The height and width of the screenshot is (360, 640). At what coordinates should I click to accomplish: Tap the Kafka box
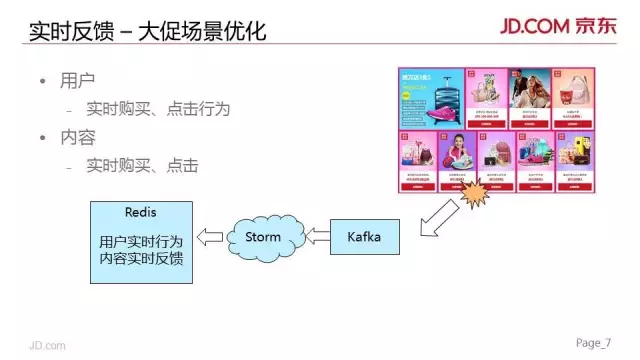[363, 237]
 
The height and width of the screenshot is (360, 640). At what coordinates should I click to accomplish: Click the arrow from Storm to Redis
[210, 237]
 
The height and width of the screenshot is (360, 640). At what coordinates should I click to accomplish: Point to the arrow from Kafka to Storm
[317, 237]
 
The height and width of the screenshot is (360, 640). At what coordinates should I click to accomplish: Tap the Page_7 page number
[592, 343]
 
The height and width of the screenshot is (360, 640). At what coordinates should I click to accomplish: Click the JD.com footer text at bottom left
[46, 345]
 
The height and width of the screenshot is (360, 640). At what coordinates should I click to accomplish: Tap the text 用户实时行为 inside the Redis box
[141, 242]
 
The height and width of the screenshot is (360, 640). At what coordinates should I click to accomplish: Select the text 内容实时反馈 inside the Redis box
[141, 259]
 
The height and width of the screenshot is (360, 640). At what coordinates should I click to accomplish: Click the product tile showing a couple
[531, 92]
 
